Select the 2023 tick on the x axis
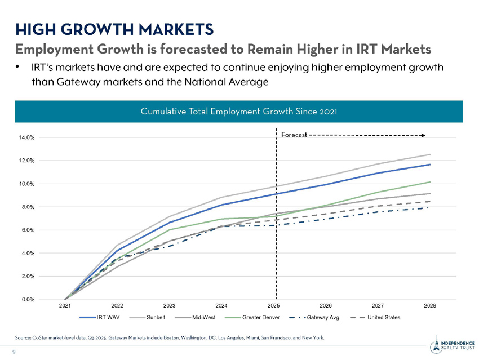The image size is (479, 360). (170, 306)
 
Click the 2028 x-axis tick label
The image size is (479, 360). (430, 306)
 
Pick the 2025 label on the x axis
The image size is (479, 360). (274, 306)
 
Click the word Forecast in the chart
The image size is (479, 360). (294, 135)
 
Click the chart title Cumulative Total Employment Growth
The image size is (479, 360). (239, 111)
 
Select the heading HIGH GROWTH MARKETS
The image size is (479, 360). (114, 28)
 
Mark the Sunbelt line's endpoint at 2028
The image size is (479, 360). (431, 154)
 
